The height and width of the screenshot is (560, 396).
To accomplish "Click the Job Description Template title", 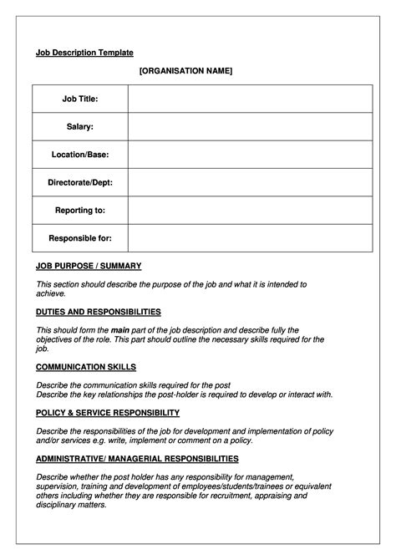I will (x=84, y=52).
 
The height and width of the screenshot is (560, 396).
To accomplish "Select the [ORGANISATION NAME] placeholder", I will (x=185, y=71).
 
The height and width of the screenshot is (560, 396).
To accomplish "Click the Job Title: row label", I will (x=80, y=99).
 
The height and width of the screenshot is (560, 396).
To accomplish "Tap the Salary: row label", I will (x=80, y=126).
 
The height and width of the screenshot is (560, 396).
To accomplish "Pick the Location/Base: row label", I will (x=80, y=155).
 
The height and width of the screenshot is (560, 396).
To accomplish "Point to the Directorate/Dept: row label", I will (x=80, y=182).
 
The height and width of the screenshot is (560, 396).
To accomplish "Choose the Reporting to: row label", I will (x=80, y=210).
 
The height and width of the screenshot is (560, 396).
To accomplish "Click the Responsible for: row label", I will (x=80, y=238).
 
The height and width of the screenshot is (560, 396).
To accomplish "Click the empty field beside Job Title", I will (x=250, y=99).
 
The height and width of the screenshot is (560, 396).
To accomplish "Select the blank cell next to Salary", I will (x=250, y=126).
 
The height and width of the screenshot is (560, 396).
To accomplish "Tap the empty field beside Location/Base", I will (x=250, y=155).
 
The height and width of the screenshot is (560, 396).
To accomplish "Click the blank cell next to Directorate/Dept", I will (x=250, y=182).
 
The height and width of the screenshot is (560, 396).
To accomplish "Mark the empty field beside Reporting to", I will (x=250, y=210).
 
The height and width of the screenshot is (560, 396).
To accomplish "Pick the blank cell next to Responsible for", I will (x=250, y=238).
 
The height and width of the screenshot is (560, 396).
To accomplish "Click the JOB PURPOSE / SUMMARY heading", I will (x=89, y=266).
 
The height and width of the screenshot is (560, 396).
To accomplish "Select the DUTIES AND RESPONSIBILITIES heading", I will (x=99, y=312).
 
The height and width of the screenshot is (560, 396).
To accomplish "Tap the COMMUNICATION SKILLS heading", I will (x=86, y=367).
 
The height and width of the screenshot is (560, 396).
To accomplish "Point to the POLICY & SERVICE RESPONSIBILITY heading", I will (x=108, y=413).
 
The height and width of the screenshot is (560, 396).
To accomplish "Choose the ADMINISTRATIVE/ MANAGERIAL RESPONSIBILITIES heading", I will (x=137, y=459).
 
